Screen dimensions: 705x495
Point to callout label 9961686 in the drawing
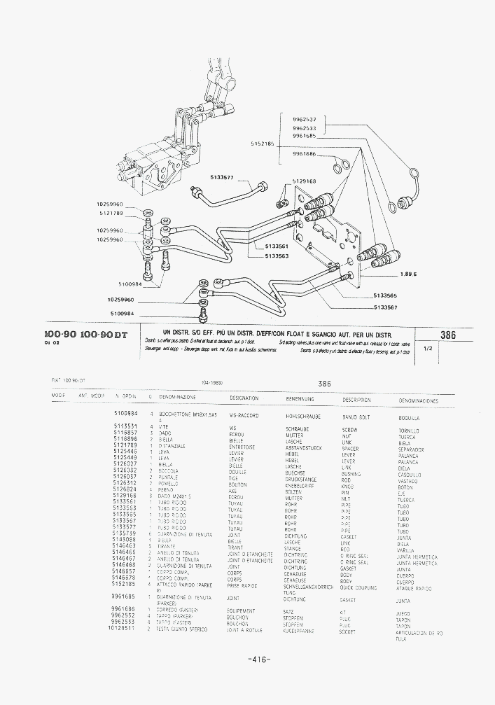click(304, 153)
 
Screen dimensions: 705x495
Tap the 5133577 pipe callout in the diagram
click(221, 177)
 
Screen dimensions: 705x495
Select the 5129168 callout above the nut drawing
click(303, 181)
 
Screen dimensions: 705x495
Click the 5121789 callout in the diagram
click(111, 212)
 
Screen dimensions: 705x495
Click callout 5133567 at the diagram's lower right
click(385, 307)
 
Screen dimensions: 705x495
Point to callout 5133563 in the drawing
click(277, 256)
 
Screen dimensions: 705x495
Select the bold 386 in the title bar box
click(447, 335)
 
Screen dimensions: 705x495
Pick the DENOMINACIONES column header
click(418, 401)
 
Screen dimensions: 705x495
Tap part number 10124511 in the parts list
click(123, 629)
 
